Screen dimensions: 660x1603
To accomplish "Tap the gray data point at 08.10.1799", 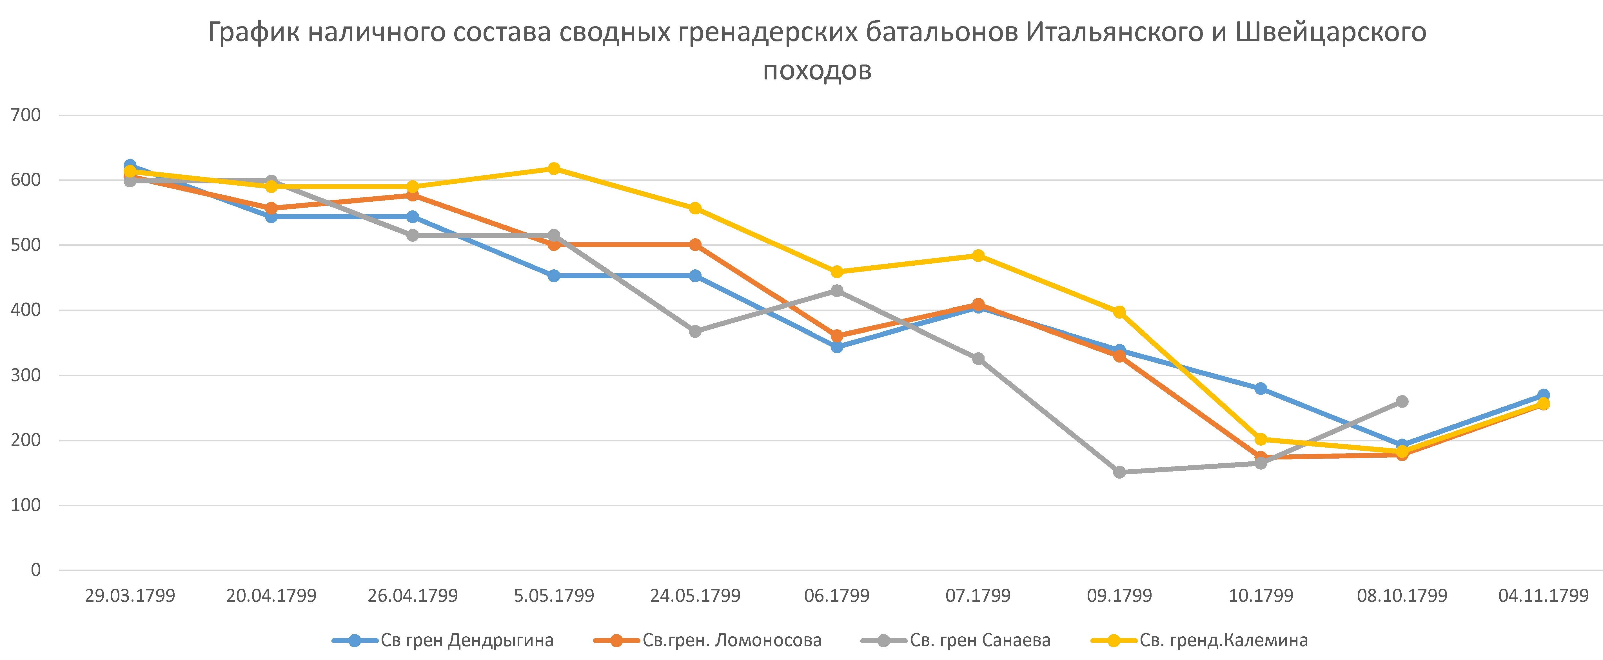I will click(x=1402, y=402).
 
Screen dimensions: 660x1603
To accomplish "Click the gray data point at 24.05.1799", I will click(x=695, y=331).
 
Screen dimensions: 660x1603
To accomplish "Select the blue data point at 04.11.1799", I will click(x=1543, y=395).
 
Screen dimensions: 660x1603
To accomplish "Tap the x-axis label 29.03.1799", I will click(x=130, y=596).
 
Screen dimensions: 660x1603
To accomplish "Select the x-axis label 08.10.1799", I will click(x=1402, y=596).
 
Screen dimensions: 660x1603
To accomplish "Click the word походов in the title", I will click(x=817, y=70).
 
